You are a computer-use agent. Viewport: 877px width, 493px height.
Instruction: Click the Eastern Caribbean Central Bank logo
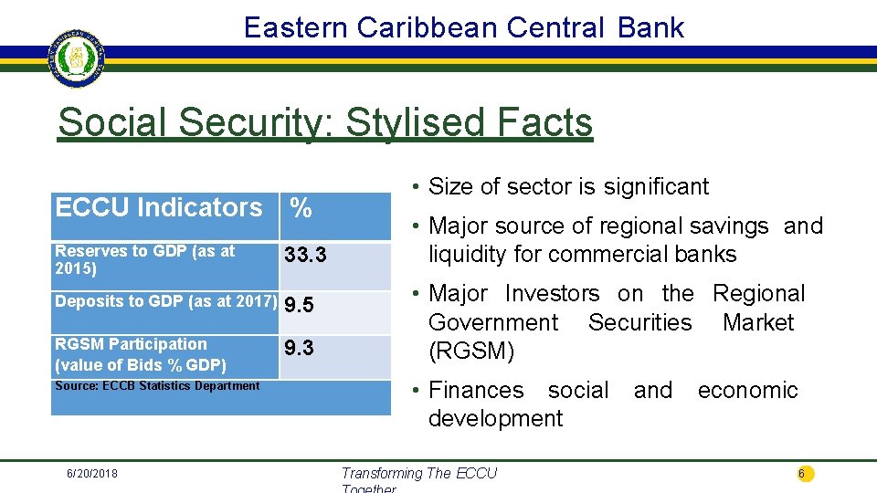point(76,57)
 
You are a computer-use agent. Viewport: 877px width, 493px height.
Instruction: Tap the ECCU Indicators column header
point(158,207)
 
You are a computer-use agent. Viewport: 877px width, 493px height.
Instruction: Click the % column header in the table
point(301,208)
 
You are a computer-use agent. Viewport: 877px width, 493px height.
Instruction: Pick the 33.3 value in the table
point(305,255)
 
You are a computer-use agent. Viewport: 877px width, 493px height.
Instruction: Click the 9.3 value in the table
point(300,348)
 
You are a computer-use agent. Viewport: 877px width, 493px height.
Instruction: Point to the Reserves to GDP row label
point(144,259)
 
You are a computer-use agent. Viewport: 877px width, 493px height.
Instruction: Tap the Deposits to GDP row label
point(165,302)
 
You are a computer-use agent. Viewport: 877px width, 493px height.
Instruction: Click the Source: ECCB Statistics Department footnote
point(157,386)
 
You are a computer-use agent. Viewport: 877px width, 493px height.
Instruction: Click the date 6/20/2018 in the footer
point(91,473)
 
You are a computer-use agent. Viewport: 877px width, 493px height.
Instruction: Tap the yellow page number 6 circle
point(802,473)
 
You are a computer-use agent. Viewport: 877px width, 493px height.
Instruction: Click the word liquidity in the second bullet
point(473,254)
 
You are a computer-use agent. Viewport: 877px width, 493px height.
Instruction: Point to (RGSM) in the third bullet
point(471,351)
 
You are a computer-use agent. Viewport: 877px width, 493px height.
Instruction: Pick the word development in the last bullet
point(496,419)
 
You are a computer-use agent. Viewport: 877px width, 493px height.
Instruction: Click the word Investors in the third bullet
point(552,294)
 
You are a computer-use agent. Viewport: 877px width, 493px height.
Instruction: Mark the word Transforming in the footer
point(381,473)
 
